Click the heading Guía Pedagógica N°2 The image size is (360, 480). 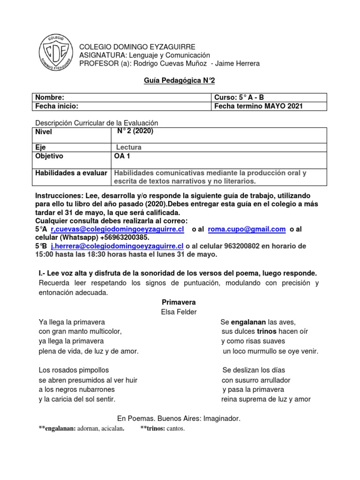coord(179,81)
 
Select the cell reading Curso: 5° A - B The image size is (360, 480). coord(239,97)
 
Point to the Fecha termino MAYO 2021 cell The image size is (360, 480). coord(258,106)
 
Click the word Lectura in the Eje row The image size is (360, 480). coord(129,147)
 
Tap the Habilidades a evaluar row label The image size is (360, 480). coord(71,173)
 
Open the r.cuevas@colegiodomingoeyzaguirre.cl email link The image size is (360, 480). coord(117,229)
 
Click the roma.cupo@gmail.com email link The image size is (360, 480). coord(247,229)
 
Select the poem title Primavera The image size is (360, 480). coord(179,302)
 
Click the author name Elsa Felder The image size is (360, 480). coord(179,312)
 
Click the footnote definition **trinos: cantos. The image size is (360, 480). coord(163,428)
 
